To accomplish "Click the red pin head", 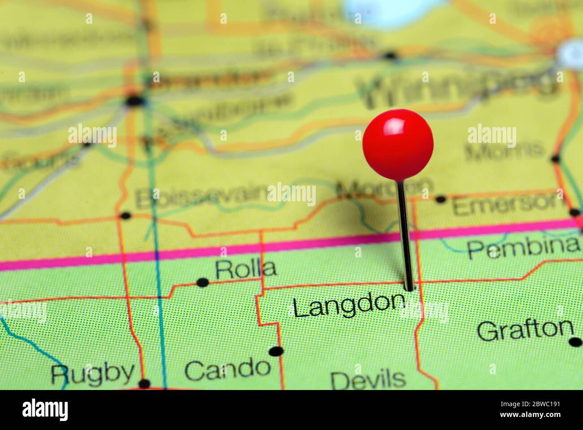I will pos(398,144).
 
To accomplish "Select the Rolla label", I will pos(245,269).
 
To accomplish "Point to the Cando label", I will pos(227,369).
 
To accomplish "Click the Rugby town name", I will pos(92,373).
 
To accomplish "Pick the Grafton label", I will pos(525,330).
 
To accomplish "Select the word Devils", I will pos(368,380).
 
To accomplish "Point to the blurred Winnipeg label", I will pos(457,90).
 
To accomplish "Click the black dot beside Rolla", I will pos(203,282).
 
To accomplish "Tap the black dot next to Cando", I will pos(276,351).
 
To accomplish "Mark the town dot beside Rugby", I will pos(144,383).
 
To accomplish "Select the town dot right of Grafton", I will pos(575,342).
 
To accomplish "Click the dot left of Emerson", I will pos(441,199).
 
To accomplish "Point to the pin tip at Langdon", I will pos(409,287).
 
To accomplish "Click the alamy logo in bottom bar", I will pos(45,410).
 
